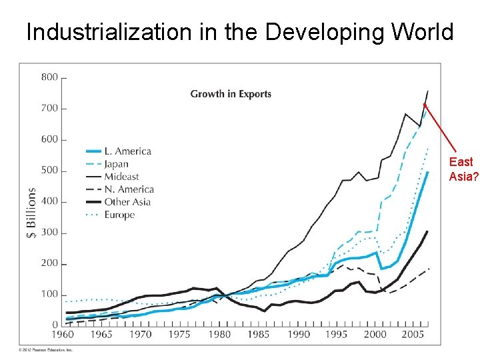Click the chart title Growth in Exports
pos(231,93)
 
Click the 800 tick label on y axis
pos(49,77)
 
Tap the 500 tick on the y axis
pos(49,171)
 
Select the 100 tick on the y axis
pos(49,295)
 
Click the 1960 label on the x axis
pos(63,335)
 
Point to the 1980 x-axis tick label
pos(219,335)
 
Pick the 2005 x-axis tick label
pos(415,335)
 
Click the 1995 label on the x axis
pos(337,335)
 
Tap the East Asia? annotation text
pos(462,169)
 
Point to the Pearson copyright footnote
pos(45,349)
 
